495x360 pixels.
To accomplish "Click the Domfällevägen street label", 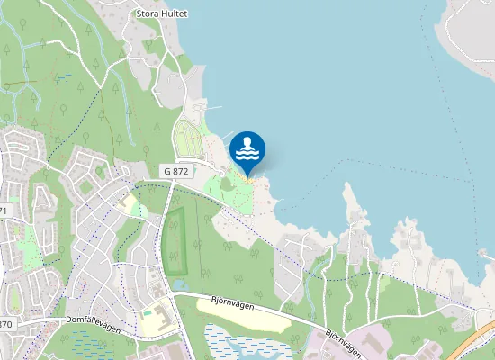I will (x=93, y=318).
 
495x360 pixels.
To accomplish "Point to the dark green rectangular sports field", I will (x=175, y=240).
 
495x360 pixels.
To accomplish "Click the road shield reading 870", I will (x=6, y=324).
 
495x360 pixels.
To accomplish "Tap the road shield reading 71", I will (x=3, y=210).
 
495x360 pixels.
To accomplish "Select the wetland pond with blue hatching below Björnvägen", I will (x=243, y=342).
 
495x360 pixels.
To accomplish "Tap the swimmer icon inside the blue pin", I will (x=247, y=147).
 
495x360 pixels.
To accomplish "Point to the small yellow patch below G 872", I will (x=130, y=205).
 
